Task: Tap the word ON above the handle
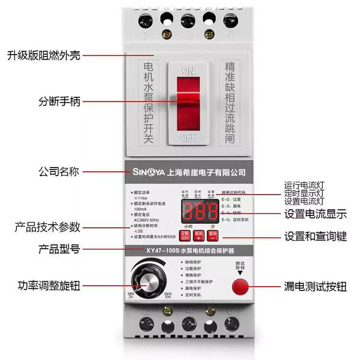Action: click(x=188, y=71)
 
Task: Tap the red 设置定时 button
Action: click(x=185, y=235)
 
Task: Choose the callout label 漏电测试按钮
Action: click(x=315, y=287)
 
